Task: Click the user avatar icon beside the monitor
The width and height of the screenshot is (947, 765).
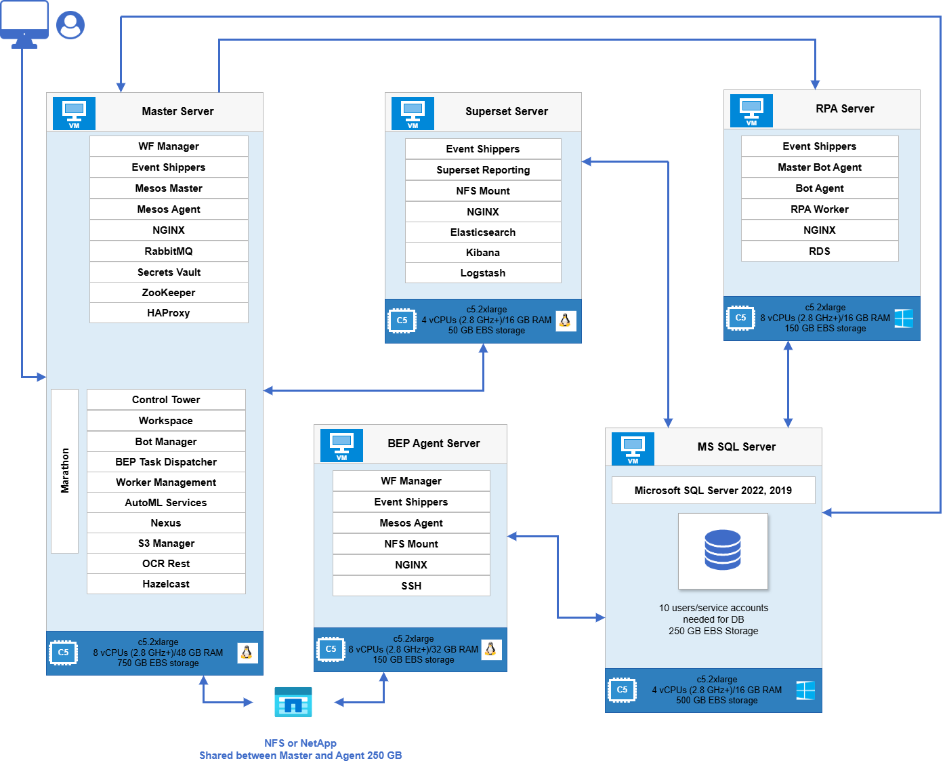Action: tap(70, 25)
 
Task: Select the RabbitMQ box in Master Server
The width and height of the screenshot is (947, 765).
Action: tap(169, 251)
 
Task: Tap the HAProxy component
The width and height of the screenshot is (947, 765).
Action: tap(169, 312)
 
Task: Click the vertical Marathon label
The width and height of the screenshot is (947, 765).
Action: tap(65, 470)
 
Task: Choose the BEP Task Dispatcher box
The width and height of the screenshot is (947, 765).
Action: tap(166, 461)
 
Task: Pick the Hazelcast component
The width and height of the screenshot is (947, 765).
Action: tap(166, 583)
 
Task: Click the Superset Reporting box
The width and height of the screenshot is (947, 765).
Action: tap(483, 170)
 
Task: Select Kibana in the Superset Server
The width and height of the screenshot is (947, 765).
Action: tap(483, 253)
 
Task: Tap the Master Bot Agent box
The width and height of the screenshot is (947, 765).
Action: tap(820, 167)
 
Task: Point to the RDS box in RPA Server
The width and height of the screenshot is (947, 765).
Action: tap(820, 251)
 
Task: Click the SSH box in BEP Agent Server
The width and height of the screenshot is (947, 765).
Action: tap(411, 585)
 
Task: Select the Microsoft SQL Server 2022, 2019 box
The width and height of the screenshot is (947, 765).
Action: tap(713, 490)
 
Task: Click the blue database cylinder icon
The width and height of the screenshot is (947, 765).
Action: tap(723, 550)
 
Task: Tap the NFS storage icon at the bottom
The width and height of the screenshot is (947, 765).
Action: tap(293, 702)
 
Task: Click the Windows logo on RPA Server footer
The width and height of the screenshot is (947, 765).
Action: tap(904, 318)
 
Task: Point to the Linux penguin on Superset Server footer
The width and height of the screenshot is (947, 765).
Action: tap(566, 321)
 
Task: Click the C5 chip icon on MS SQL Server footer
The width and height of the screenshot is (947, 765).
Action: tap(622, 690)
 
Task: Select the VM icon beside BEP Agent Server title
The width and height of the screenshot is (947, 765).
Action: tap(341, 445)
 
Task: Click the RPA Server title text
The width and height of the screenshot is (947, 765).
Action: tap(845, 108)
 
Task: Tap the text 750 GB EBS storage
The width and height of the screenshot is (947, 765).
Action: tap(158, 663)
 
